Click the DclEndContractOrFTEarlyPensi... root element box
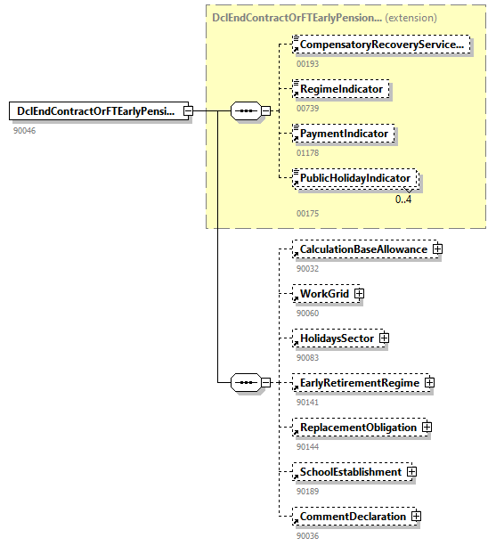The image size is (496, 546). [94, 111]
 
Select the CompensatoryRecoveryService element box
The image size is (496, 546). [381, 45]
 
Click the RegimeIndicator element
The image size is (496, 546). [342, 89]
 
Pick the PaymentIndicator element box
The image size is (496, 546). [344, 134]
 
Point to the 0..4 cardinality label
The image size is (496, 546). [403, 200]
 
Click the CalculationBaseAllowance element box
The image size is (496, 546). [363, 249]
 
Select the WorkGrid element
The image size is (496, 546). [324, 294]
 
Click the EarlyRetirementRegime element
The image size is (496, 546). [360, 383]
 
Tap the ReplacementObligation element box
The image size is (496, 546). [358, 428]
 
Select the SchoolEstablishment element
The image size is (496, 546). [350, 472]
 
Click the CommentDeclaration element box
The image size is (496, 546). [353, 517]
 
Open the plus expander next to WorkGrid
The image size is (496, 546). [360, 294]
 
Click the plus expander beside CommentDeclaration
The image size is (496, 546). [416, 517]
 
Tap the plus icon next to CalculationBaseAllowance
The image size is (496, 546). [437, 249]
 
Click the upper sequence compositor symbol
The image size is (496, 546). [244, 111]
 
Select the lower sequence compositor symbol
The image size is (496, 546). [244, 383]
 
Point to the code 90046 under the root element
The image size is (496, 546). [24, 131]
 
